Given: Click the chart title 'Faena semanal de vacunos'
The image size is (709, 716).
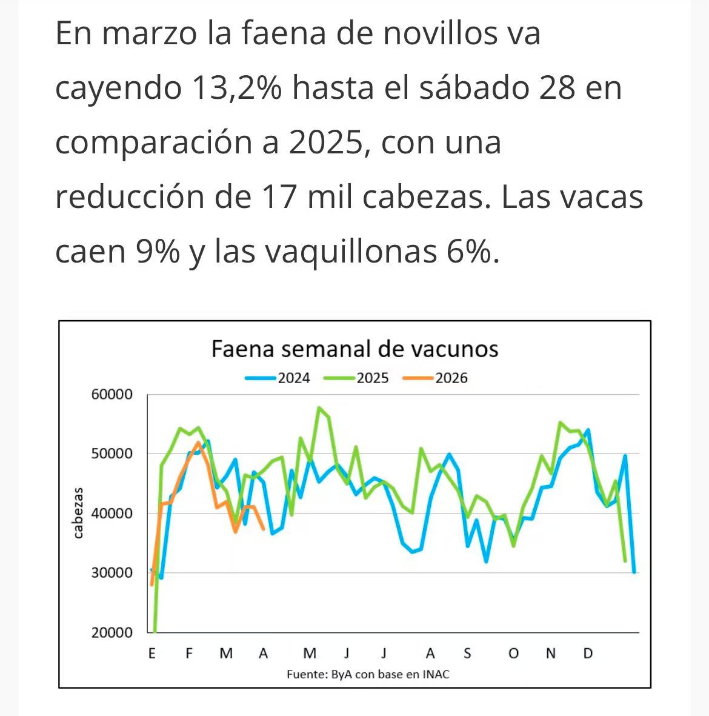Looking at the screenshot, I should click(x=354, y=349).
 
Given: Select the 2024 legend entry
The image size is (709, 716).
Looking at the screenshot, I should click(x=278, y=378).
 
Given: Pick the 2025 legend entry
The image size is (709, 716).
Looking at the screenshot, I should click(x=357, y=378).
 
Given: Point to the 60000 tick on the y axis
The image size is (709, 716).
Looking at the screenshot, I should click(x=112, y=395).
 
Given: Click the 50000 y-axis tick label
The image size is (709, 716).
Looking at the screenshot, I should click(x=112, y=454).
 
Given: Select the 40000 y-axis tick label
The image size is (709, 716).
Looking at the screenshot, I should click(x=112, y=514).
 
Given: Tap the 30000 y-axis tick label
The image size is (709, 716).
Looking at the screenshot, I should click(x=112, y=573).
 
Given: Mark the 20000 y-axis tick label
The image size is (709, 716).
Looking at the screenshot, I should click(x=112, y=632).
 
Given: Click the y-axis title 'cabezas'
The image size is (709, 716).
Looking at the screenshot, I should click(x=78, y=513).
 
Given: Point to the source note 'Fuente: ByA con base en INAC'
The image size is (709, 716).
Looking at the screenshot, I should click(x=368, y=674).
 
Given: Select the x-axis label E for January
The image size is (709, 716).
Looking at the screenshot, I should click(x=151, y=654).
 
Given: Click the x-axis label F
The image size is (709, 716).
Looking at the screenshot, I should click(x=189, y=654).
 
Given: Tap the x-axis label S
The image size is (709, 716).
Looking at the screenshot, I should click(x=467, y=654).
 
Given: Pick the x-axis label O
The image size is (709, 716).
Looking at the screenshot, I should click(x=513, y=654).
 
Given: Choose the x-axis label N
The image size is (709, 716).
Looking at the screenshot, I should click(x=550, y=654).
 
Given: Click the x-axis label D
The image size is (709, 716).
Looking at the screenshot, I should click(x=587, y=654).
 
